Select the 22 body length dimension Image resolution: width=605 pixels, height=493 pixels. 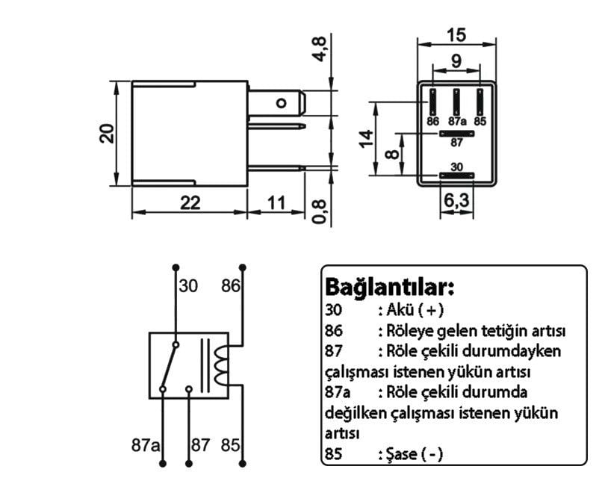[x=190, y=203]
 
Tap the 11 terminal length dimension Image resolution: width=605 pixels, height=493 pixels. [x=276, y=203]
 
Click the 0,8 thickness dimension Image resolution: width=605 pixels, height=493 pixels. [x=319, y=211]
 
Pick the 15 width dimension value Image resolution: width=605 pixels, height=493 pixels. [x=456, y=35]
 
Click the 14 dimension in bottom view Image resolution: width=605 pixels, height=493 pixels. [x=365, y=139]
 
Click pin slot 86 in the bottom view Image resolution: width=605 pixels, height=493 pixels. [x=433, y=101]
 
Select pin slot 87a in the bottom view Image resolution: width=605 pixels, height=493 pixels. [x=456, y=101]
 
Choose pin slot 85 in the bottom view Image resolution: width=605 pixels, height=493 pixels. [x=480, y=101]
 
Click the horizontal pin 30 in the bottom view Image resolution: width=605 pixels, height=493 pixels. [x=456, y=176]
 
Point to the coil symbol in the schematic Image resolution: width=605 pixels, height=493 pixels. [x=221, y=365]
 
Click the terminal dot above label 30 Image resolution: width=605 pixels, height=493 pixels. [x=176, y=267]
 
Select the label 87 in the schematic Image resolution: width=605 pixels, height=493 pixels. [x=200, y=446]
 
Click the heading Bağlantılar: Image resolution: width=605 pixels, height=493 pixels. [x=389, y=287]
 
